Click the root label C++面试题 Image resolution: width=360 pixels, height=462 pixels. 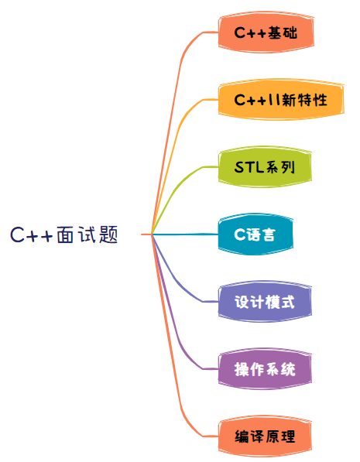coord(64,234)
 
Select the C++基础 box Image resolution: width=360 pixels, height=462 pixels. coord(266,33)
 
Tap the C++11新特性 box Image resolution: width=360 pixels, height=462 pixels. coord(281,100)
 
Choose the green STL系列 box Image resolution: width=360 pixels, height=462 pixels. coord(265,166)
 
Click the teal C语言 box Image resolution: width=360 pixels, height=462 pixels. coord(255,234)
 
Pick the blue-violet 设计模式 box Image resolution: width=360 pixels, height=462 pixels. coord(265,302)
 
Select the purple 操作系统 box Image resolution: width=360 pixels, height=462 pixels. coord(265,369)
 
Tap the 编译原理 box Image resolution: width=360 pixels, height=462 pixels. coord(265,436)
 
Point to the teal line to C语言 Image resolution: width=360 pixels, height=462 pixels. coord(185,234)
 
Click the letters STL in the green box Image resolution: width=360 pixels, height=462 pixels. coord(249,167)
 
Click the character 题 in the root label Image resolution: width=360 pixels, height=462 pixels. coord(108,234)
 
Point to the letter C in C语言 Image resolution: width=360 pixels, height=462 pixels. coord(240,234)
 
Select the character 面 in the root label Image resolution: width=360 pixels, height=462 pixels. coord(65,234)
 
